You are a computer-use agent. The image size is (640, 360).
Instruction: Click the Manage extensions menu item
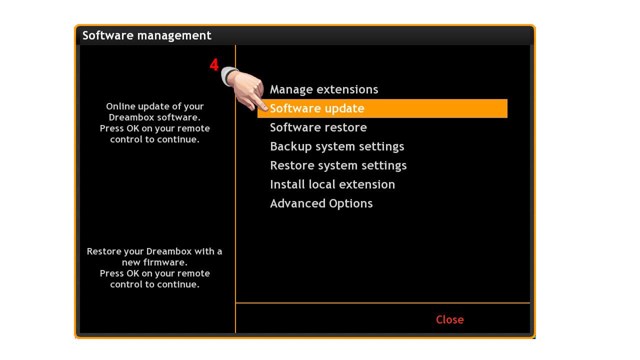(324, 89)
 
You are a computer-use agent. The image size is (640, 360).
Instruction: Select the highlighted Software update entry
(382, 108)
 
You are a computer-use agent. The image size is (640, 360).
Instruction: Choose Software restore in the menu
(318, 127)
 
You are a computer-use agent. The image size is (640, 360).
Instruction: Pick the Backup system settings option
(337, 146)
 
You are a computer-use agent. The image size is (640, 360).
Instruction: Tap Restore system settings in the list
(338, 165)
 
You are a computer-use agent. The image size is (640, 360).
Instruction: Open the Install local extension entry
(332, 184)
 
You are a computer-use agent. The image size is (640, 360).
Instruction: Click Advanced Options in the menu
(321, 203)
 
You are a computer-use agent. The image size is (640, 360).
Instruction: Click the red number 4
(214, 64)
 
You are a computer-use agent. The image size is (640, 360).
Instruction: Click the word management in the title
(174, 35)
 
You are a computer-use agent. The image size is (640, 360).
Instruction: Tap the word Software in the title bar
(108, 35)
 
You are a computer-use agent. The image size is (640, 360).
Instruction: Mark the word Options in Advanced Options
(351, 204)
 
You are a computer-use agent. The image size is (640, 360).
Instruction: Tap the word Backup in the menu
(291, 147)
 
